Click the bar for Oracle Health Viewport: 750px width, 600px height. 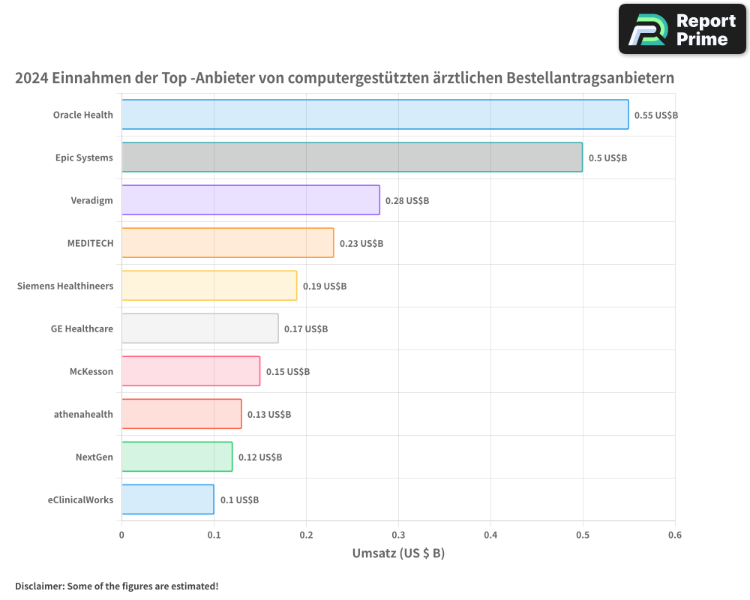pyautogui.click(x=375, y=115)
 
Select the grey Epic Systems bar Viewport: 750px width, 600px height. pyautogui.click(x=352, y=157)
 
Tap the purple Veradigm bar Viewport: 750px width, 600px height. pyautogui.click(x=250, y=200)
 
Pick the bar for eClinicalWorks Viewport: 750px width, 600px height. pyautogui.click(x=167, y=499)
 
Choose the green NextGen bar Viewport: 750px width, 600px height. pyautogui.click(x=177, y=457)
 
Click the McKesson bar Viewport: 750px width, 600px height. pyautogui.click(x=190, y=371)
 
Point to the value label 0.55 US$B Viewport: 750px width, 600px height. pyautogui.click(x=655, y=115)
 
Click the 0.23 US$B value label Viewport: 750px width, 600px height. pyautogui.click(x=361, y=244)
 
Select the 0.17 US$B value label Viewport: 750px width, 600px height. pyautogui.click(x=306, y=329)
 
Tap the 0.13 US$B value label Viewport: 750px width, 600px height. pyautogui.click(x=269, y=415)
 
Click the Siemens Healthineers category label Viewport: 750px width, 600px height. pyautogui.click(x=65, y=286)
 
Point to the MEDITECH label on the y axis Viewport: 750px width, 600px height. pyautogui.click(x=90, y=243)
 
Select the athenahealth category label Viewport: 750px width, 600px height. pyautogui.click(x=83, y=414)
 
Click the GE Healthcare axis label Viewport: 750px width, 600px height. pyautogui.click(x=82, y=328)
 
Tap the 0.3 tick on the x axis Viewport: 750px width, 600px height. pyautogui.click(x=398, y=535)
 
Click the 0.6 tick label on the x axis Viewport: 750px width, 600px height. pyautogui.click(x=674, y=535)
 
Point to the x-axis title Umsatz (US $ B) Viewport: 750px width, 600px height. pyautogui.click(x=398, y=553)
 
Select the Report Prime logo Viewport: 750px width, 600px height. pyautogui.click(x=682, y=29)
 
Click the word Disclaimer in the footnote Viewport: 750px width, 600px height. pyautogui.click(x=38, y=586)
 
